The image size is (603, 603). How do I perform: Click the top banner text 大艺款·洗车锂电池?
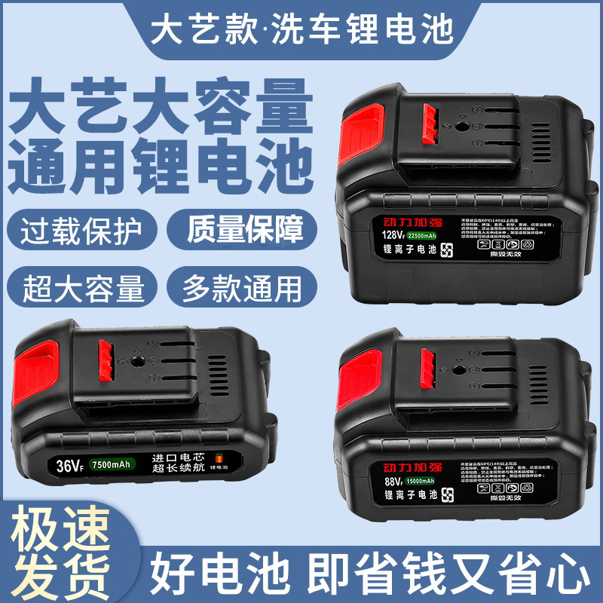301,28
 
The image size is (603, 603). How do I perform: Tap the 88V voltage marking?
380,480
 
